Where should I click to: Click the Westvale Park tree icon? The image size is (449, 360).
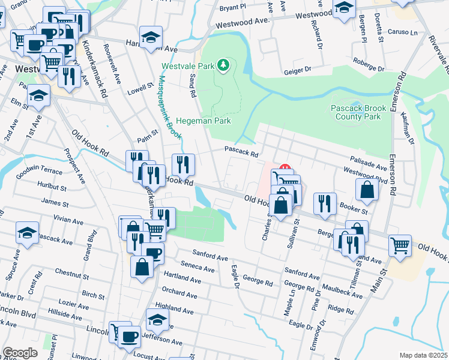coord(224,64)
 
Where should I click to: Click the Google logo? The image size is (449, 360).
coord(20,353)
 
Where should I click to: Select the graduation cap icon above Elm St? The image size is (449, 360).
coord(38,96)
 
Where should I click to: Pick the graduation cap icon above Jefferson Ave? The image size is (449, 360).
coord(157,319)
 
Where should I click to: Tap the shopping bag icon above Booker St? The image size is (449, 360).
coord(367,190)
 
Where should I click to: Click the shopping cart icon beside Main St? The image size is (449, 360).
coord(399,245)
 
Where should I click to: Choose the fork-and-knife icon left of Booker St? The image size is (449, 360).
coord(325,203)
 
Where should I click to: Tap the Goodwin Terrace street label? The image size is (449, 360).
coord(39,172)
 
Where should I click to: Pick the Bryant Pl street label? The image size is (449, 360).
coord(233,8)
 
